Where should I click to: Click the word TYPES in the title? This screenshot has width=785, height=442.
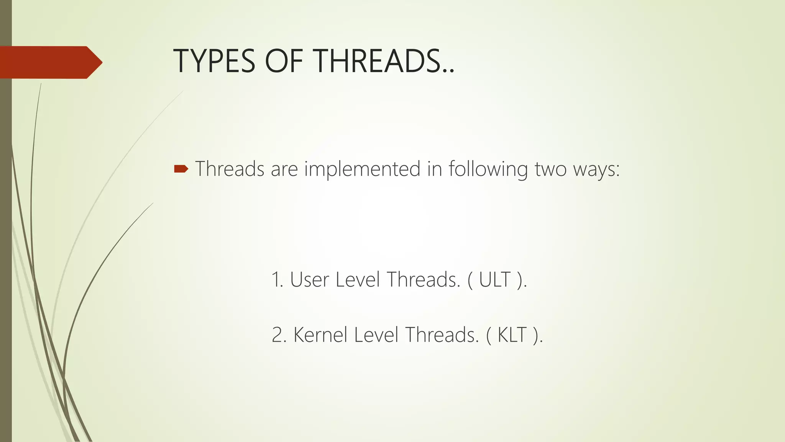tap(214, 61)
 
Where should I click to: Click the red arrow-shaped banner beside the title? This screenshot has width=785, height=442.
tap(50, 62)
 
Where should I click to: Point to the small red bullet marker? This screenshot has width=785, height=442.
tap(181, 169)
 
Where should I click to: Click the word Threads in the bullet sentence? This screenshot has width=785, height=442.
tap(230, 169)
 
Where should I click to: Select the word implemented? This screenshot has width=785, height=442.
tap(362, 170)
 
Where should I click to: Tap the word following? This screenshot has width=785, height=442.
tap(488, 170)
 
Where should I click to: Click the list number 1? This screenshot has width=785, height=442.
tap(276, 280)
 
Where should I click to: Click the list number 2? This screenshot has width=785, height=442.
tap(278, 335)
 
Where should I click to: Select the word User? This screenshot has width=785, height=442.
tap(309, 280)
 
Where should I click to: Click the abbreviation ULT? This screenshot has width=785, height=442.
tap(494, 280)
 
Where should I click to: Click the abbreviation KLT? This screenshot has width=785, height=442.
tap(512, 335)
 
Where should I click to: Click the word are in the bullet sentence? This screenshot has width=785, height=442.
tap(284, 170)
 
